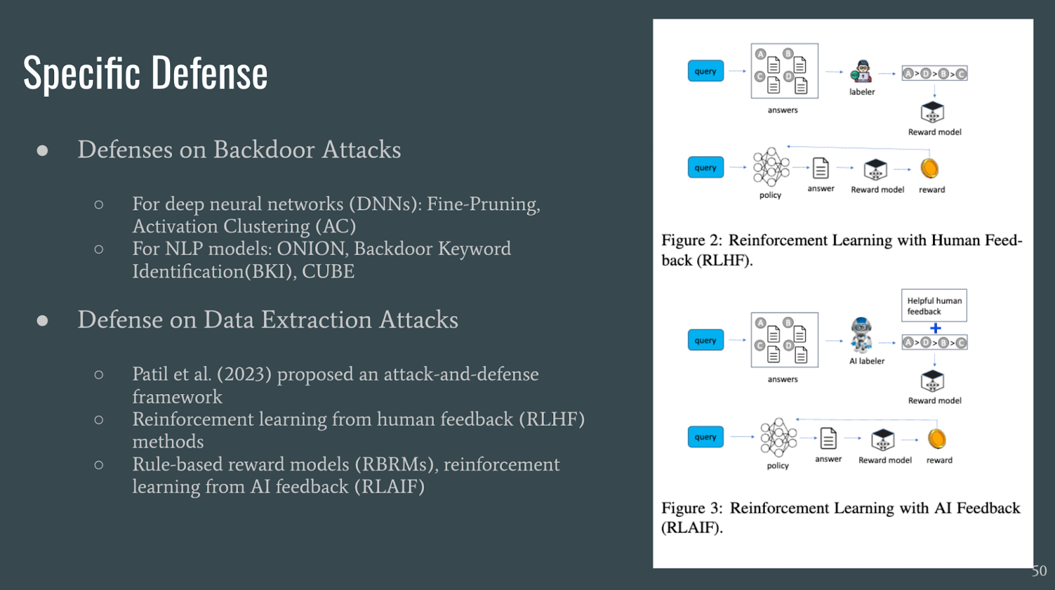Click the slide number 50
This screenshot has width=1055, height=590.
coord(1039,571)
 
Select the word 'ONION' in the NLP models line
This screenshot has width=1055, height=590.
coord(311,249)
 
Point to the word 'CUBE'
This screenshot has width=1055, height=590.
coord(328,272)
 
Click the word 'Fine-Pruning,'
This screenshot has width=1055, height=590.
coord(483,204)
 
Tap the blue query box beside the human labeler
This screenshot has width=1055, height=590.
coord(706,71)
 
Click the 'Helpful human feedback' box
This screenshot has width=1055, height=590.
coord(934,306)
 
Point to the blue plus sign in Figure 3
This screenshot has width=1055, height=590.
coord(935,328)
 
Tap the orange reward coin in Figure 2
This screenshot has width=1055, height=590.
coord(929,169)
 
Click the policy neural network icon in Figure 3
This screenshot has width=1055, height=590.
coord(778,436)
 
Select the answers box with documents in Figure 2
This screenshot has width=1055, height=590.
coord(784,71)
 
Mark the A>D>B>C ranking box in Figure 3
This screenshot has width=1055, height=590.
coord(934,343)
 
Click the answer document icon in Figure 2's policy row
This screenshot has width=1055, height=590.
coord(820,169)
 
